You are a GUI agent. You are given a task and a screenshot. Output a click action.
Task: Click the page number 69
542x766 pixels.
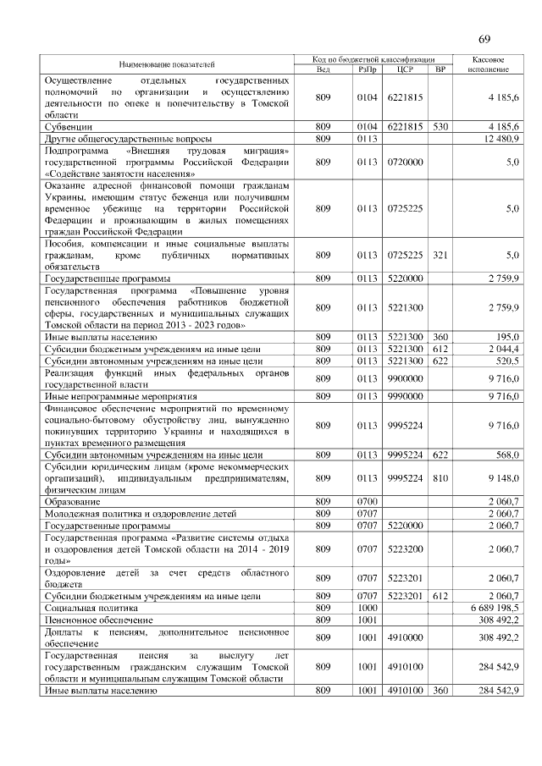point(484,38)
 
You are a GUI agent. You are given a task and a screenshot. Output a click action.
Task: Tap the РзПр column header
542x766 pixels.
point(366,69)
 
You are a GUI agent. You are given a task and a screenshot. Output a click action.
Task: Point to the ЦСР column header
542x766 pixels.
point(405,69)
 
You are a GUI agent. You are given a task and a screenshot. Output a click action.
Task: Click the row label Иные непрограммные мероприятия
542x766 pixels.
point(120,395)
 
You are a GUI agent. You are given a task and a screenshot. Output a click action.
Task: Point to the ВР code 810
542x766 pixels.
point(440,477)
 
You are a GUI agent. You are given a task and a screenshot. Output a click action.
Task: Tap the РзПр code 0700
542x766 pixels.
point(366,502)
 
